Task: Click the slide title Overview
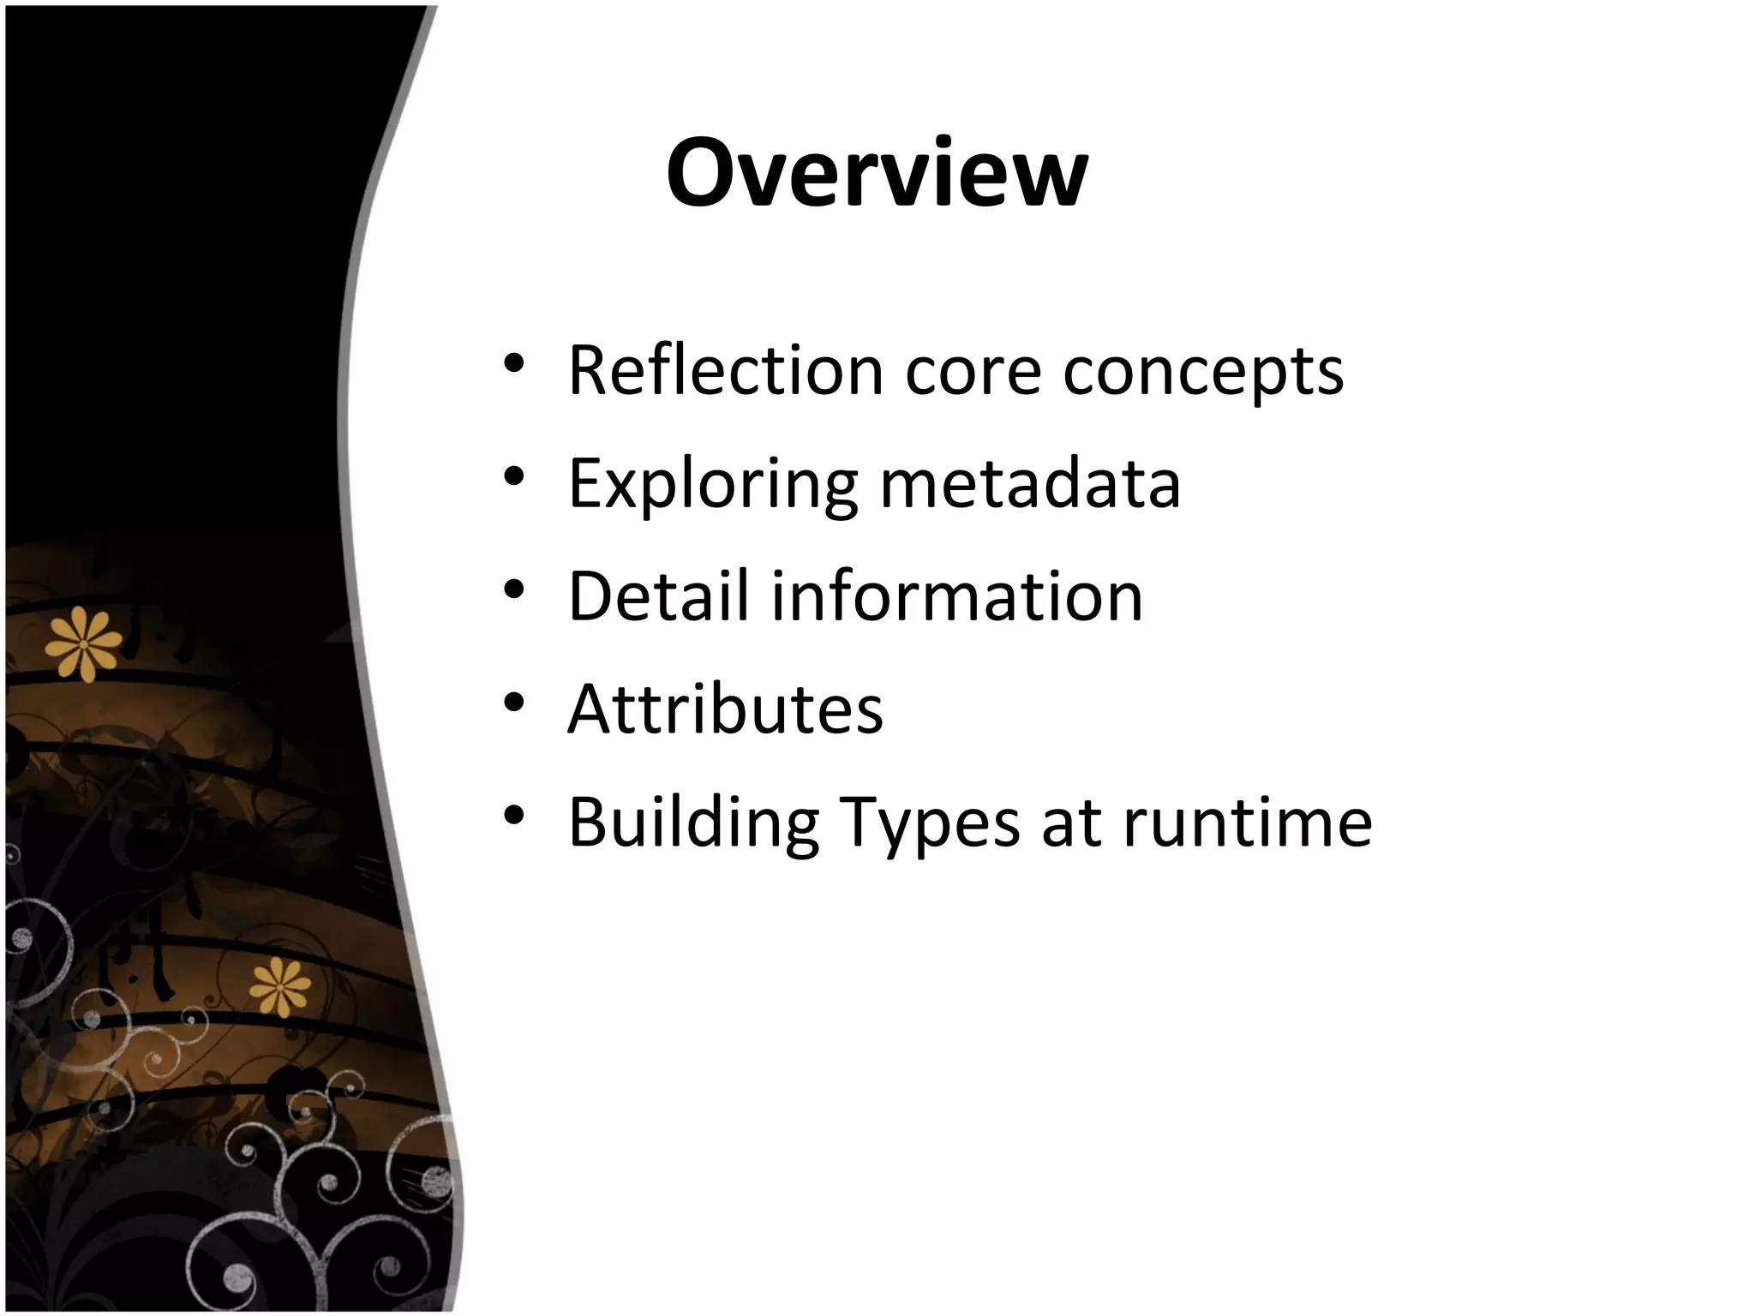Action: coord(877,174)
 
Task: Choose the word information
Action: coord(957,596)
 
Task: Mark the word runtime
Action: coord(1248,822)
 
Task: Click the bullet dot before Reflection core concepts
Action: coord(514,364)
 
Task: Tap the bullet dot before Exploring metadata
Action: coord(514,476)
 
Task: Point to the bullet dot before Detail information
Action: coord(514,589)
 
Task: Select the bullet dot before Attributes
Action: coord(514,703)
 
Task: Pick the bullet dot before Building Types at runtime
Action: coord(514,815)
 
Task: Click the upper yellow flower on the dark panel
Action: coord(84,643)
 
